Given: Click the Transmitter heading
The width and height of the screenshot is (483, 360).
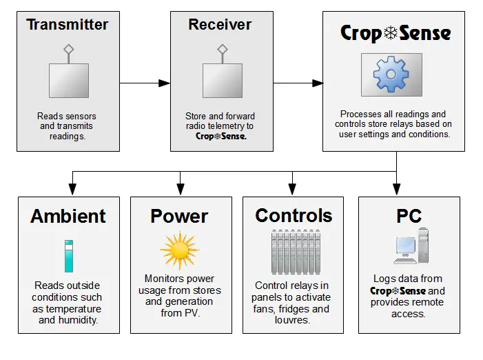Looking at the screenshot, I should pyautogui.click(x=68, y=25).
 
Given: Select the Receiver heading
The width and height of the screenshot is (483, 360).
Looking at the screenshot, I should pyautogui.click(x=221, y=25).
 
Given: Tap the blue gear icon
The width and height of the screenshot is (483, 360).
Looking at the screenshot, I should pyautogui.click(x=390, y=74).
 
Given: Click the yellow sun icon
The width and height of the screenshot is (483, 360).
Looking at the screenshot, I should pyautogui.click(x=179, y=250).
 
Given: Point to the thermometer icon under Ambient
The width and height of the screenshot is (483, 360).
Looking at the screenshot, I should pyautogui.click(x=68, y=256).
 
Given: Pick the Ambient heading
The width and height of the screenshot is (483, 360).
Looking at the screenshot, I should pyautogui.click(x=68, y=216).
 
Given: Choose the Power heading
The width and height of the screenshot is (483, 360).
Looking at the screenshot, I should pyautogui.click(x=179, y=216).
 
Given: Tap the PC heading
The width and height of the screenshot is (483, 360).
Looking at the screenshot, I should pyautogui.click(x=409, y=216).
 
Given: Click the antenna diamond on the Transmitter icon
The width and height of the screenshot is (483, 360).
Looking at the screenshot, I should pyautogui.click(x=68, y=49).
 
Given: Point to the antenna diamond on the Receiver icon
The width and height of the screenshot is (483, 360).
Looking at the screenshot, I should pyautogui.click(x=222, y=49).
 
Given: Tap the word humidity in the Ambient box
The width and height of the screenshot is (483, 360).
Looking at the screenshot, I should pyautogui.click(x=76, y=319).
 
